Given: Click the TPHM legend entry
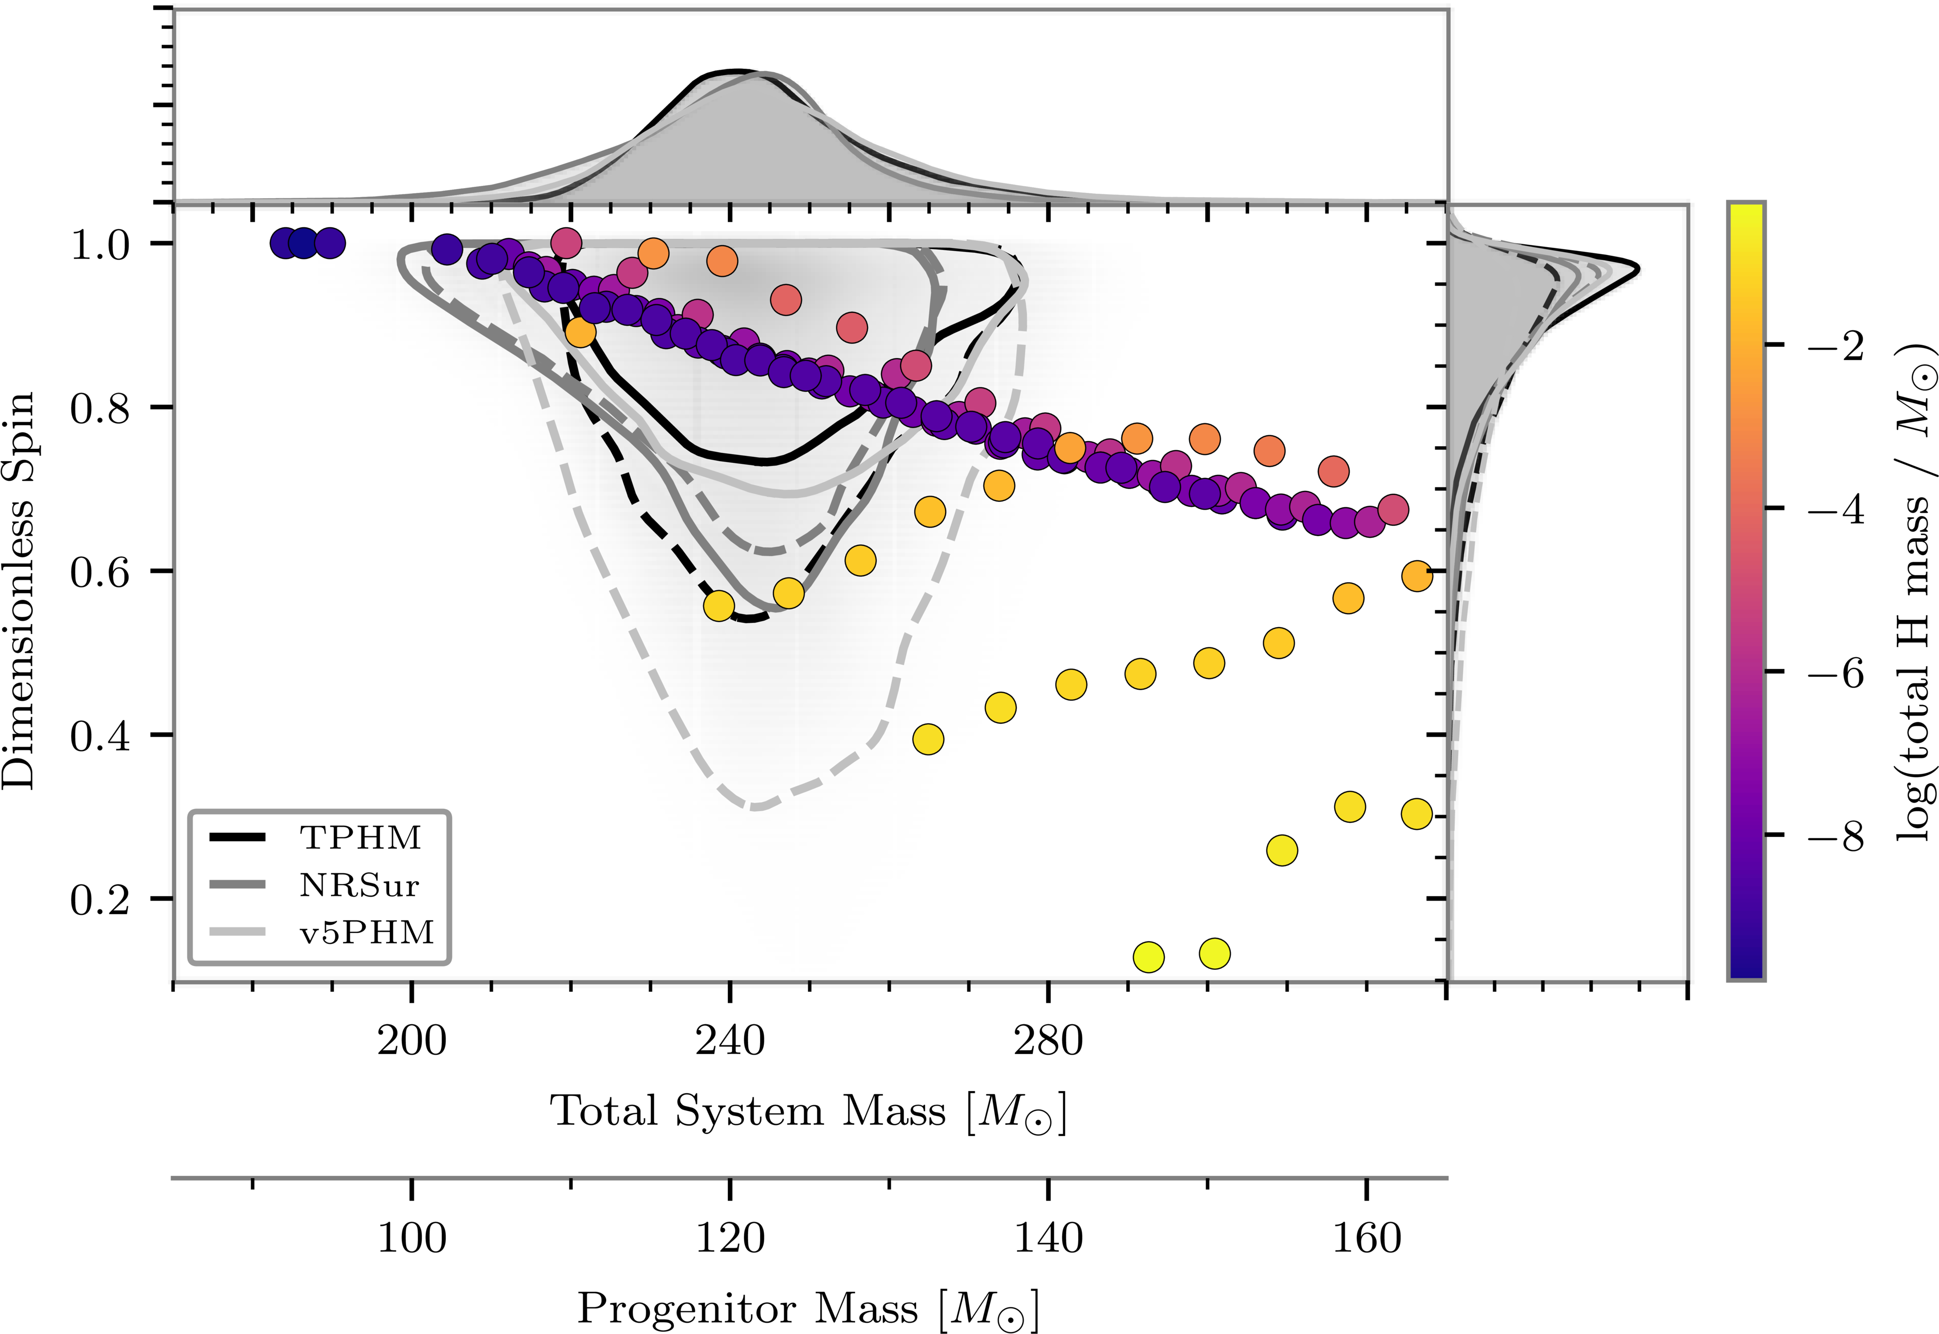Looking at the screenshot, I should (x=360, y=837).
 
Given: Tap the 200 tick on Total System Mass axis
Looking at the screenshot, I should (x=411, y=1041).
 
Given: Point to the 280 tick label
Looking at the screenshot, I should (x=1048, y=1041).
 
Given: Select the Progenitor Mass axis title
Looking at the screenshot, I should (x=808, y=1309).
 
